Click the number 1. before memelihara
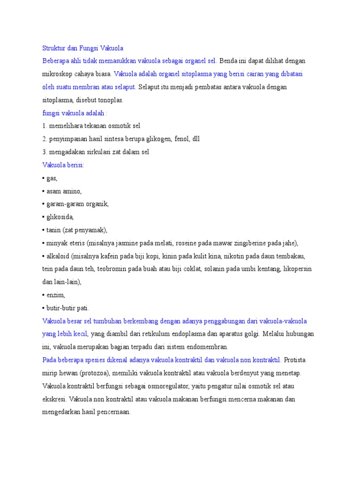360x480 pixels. click(x=45, y=126)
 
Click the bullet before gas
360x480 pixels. click(x=43, y=179)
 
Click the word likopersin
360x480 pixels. click(x=296, y=269)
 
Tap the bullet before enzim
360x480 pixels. click(x=43, y=295)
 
